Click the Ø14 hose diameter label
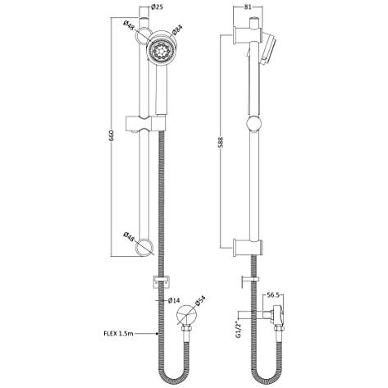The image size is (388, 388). pyautogui.click(x=174, y=301)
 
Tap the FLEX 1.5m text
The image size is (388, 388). pyautogui.click(x=111, y=334)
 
